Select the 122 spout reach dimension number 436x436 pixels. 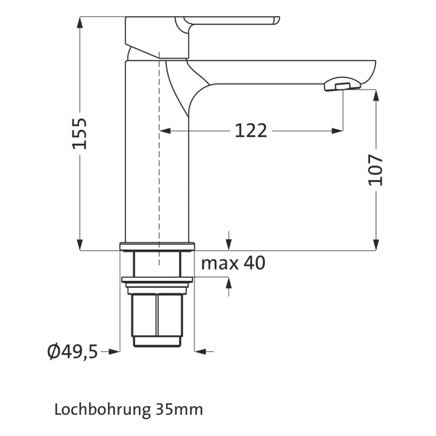pos(251,131)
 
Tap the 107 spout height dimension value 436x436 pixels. pos(376,169)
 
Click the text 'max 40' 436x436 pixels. pos(233,263)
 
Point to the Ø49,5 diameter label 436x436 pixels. pos(72,352)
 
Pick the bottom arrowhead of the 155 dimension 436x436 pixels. pos(80,245)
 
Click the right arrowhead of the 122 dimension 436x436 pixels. pos(338,131)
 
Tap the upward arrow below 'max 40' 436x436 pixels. pos(229,283)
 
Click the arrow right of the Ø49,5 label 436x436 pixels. pos(113,352)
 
